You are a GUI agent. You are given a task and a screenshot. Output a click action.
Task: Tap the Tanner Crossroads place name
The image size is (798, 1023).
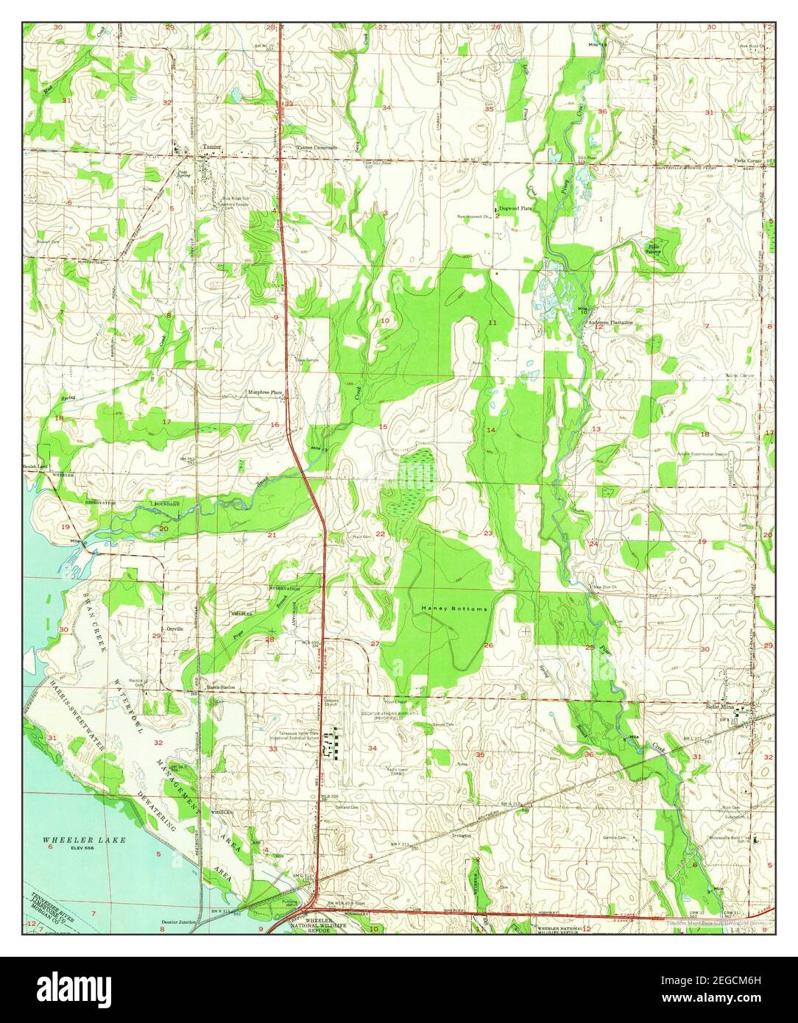click(317, 147)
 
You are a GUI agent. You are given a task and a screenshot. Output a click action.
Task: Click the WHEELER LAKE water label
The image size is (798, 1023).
click(84, 840)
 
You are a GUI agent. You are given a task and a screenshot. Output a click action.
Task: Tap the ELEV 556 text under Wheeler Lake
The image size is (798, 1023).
click(84, 848)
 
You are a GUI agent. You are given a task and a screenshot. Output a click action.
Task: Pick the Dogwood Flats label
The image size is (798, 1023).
click(515, 209)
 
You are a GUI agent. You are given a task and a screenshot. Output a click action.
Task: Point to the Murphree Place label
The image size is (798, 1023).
click(266, 393)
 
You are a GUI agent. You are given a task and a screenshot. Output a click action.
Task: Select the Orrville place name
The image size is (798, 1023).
click(174, 629)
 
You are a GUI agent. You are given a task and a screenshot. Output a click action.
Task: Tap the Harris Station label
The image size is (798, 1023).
click(221, 687)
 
